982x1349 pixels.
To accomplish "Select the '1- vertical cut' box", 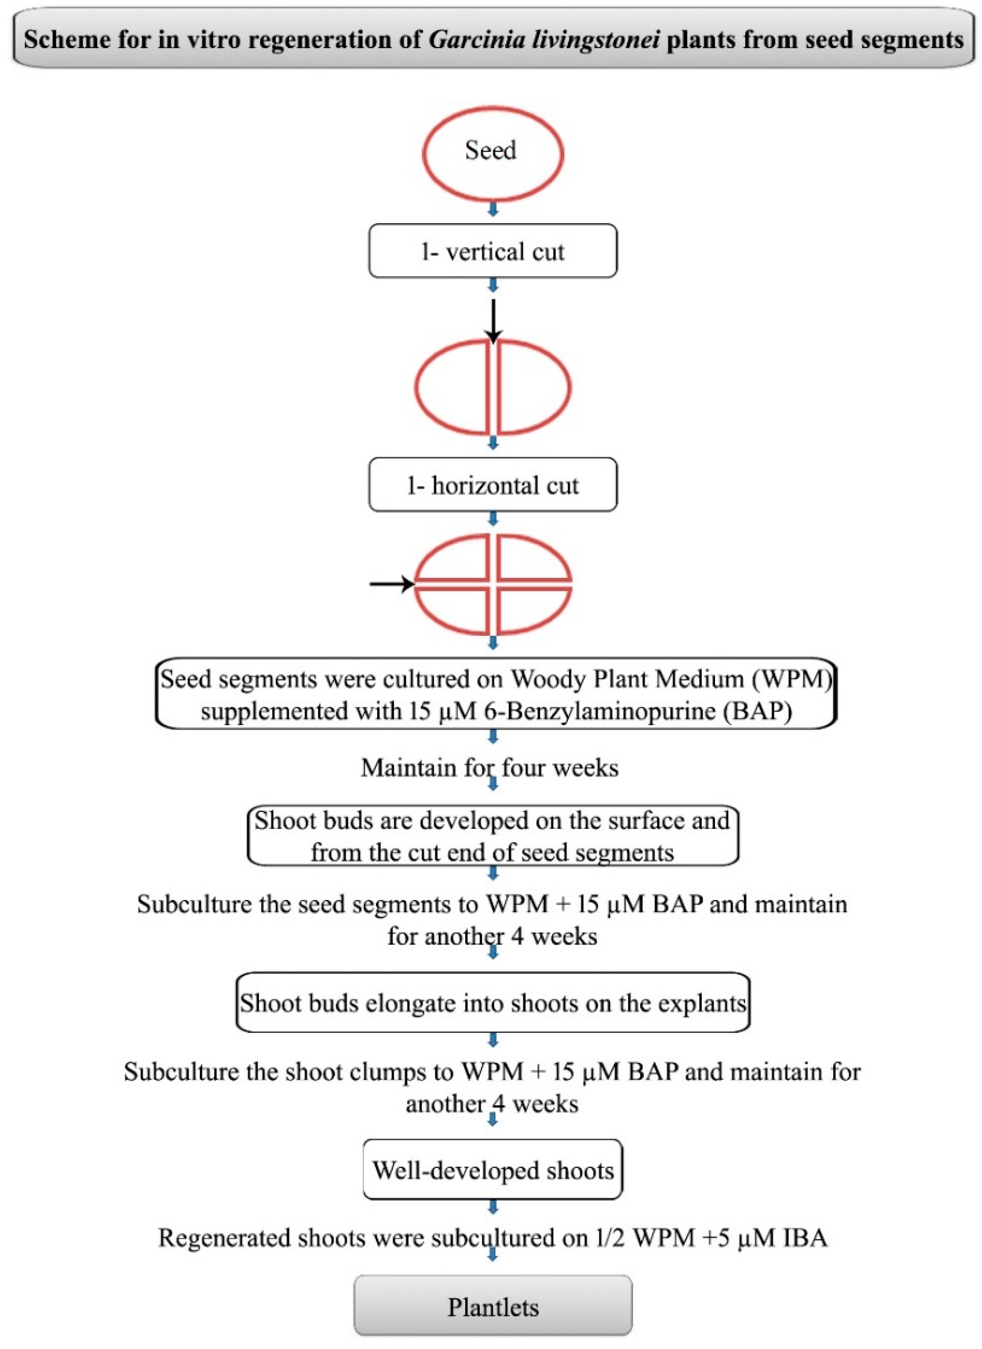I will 492,251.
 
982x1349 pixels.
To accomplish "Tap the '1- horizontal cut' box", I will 492,485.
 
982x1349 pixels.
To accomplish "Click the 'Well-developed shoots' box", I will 492,1170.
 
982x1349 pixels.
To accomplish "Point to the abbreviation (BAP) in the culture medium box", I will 757,711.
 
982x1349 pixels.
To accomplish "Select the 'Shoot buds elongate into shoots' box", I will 492,1003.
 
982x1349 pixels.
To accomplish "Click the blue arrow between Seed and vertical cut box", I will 492,209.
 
